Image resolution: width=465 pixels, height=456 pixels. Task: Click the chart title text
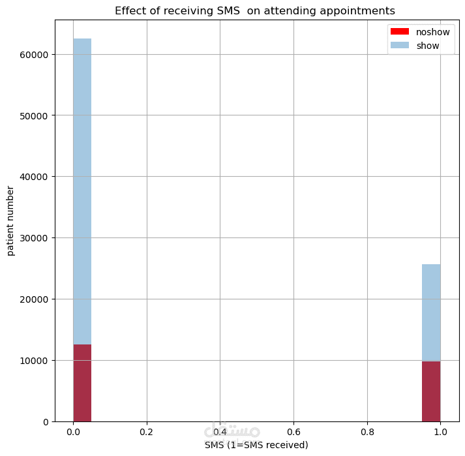tap(254, 11)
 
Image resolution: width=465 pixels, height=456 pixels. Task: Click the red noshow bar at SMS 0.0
tap(82, 383)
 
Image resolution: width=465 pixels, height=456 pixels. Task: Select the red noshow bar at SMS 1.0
tap(431, 391)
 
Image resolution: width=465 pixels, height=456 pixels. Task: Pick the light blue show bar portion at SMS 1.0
tap(431, 312)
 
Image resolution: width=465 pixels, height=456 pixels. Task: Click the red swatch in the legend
tap(399, 32)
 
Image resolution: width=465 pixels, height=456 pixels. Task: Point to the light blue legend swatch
tap(399, 46)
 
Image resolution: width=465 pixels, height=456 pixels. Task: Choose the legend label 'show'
tap(428, 46)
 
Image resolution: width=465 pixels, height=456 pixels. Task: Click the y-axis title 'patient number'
tap(10, 220)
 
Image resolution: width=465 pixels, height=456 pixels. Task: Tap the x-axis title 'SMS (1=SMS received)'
tap(256, 445)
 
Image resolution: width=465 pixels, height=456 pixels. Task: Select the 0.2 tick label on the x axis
tap(146, 432)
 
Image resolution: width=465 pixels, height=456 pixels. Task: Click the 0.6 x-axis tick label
tap(293, 432)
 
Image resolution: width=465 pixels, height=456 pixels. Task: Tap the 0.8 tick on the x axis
tap(367, 432)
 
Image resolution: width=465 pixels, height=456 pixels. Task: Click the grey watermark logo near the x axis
tap(232, 431)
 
